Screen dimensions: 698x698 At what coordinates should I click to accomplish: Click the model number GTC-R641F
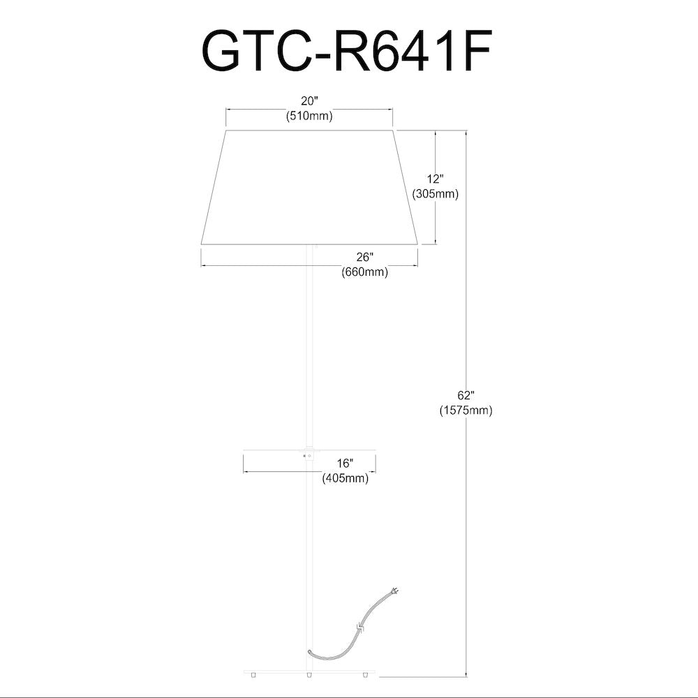coord(347,51)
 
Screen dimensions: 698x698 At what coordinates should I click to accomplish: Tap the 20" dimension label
coord(310,101)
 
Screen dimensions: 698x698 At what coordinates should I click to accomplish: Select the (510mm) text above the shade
coord(309,116)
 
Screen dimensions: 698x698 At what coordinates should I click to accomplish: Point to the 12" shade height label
coord(436,179)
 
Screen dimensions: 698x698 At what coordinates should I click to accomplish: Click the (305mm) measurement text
coord(436,194)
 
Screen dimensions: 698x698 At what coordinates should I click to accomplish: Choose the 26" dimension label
coord(364,257)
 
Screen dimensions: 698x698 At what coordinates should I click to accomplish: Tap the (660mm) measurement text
coord(364,272)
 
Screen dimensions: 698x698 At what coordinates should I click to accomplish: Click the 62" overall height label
coord(466,395)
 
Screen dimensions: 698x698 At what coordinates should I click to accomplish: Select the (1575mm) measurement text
coord(466,410)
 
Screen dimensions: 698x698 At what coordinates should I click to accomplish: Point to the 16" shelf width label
coord(345,463)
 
